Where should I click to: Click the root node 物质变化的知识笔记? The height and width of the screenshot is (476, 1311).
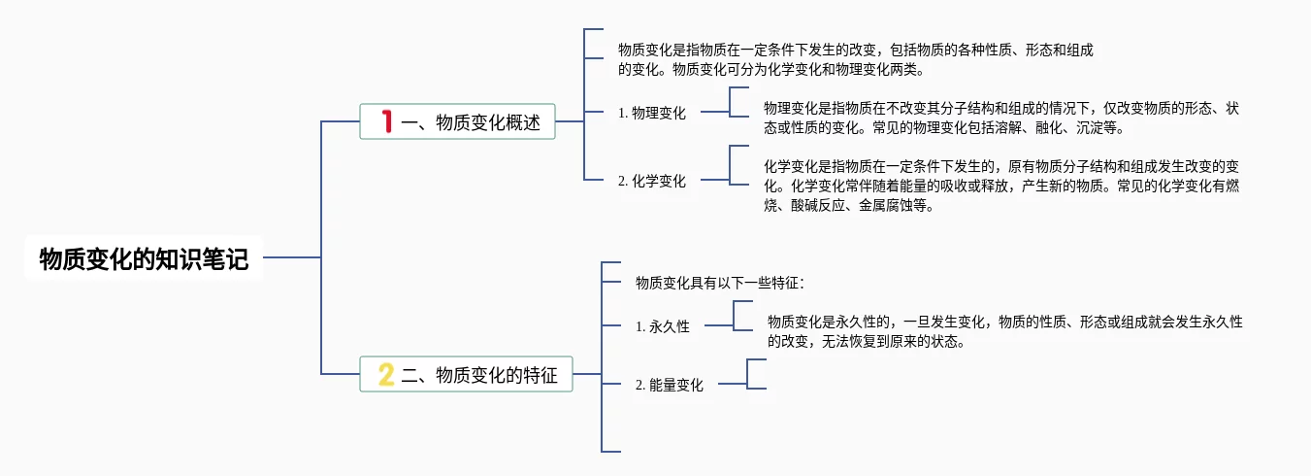(x=144, y=258)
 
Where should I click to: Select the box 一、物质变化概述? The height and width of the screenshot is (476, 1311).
(x=457, y=122)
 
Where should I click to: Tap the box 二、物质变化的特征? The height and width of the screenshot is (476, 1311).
(x=467, y=374)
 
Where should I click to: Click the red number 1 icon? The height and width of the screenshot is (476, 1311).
(x=386, y=121)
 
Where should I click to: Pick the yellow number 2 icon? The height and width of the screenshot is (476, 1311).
(x=386, y=374)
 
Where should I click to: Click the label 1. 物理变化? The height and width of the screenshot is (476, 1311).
(x=652, y=113)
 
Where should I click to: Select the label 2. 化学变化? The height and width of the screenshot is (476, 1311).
(x=652, y=181)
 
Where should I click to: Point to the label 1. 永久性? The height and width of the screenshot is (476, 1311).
(x=663, y=326)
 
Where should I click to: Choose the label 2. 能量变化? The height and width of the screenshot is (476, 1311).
(x=670, y=385)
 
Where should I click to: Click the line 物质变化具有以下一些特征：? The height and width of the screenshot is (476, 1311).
(x=720, y=283)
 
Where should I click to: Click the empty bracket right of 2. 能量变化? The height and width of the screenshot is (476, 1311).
(x=756, y=375)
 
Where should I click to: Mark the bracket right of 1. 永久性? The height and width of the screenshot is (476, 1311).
(x=742, y=317)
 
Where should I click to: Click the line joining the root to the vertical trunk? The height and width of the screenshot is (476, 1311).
(x=291, y=257)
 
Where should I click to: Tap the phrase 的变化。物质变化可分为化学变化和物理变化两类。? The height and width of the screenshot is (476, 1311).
(x=771, y=70)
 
